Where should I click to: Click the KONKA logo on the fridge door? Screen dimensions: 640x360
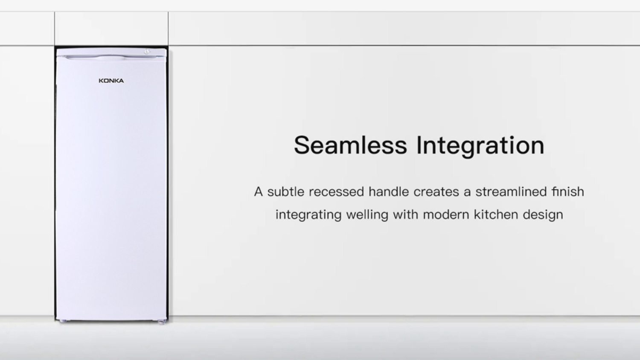point(111,81)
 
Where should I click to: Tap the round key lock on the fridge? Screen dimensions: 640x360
point(147,52)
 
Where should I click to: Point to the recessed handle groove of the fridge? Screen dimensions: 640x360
point(111,58)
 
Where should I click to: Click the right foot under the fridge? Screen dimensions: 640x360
point(161,322)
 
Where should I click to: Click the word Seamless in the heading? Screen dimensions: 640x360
point(350,145)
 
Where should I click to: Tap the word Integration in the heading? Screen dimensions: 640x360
point(480,146)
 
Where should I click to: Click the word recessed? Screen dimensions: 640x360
point(337,192)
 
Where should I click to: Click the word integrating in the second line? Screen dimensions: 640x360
point(308,215)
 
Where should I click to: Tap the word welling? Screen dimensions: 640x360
point(367,215)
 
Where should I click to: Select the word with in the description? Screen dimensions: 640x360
point(405,214)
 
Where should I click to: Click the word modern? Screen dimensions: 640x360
point(446,214)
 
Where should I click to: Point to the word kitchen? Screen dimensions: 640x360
point(496,214)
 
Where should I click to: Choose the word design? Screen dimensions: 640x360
point(543,215)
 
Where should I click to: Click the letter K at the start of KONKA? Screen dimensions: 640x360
point(101,81)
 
